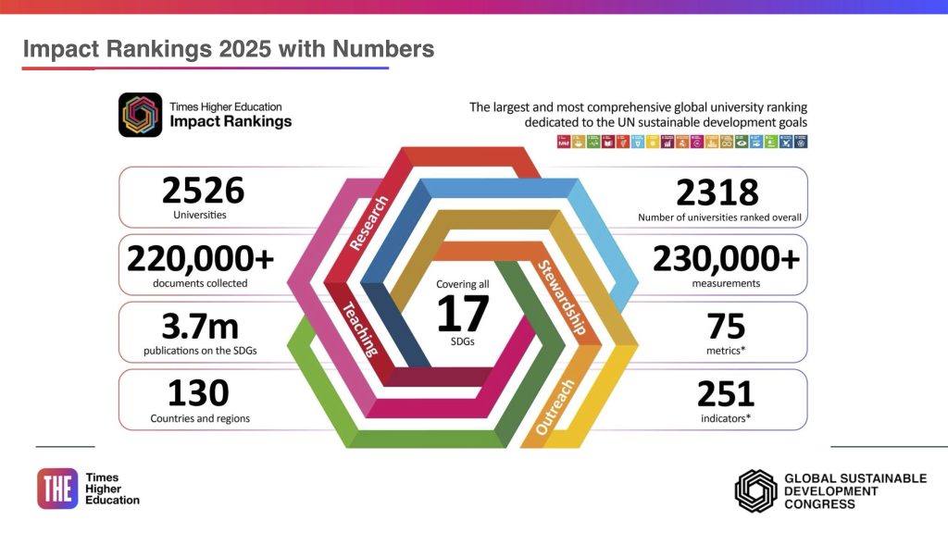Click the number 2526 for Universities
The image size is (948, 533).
click(203, 191)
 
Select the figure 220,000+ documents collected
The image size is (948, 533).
click(200, 258)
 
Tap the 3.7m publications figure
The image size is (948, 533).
click(200, 326)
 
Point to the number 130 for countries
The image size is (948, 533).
click(198, 393)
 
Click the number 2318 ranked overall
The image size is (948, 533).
click(717, 192)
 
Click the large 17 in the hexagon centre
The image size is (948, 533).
click(462, 314)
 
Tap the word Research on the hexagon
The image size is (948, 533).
click(369, 223)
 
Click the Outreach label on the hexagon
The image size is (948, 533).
click(555, 407)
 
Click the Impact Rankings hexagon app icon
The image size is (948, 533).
click(140, 115)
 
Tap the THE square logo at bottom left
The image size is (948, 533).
click(57, 489)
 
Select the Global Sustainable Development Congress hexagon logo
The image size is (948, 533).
click(755, 490)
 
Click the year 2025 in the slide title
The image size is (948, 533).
click(245, 49)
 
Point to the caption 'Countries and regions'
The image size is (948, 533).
click(200, 418)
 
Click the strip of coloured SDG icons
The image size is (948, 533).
click(680, 143)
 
